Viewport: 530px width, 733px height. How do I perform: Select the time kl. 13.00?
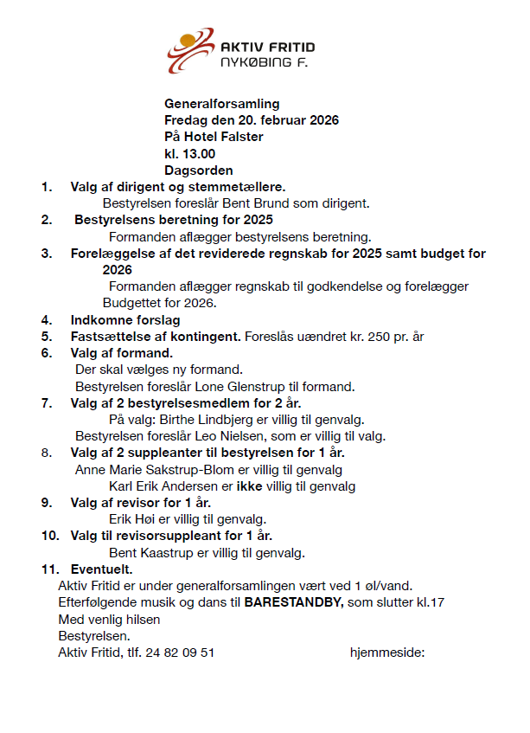[x=189, y=153]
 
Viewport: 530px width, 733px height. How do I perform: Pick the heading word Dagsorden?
[x=198, y=170]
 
